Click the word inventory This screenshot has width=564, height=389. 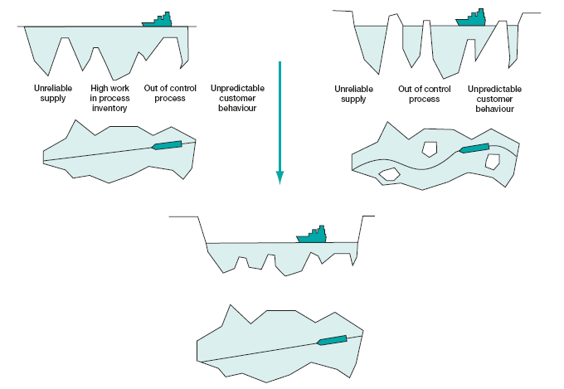pyautogui.click(x=109, y=108)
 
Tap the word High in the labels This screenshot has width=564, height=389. pyautogui.click(x=100, y=88)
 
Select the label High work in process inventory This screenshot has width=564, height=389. pyautogui.click(x=109, y=98)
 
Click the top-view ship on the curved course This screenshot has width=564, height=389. pyautogui.click(x=474, y=148)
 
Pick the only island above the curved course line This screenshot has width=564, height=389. pyautogui.click(x=430, y=149)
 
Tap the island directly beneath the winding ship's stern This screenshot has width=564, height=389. pyautogui.click(x=493, y=162)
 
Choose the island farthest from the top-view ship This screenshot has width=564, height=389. pyautogui.click(x=390, y=174)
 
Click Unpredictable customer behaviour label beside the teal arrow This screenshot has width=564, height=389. pyautogui.click(x=237, y=98)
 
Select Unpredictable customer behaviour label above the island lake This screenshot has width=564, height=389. pyautogui.click(x=494, y=99)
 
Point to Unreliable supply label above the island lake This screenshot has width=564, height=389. pyautogui.click(x=353, y=94)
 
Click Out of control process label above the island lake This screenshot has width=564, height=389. pyautogui.click(x=425, y=94)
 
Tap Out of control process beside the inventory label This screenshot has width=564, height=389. pyautogui.click(x=170, y=93)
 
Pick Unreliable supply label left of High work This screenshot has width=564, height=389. pyautogui.click(x=53, y=93)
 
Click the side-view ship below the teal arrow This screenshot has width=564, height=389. pyautogui.click(x=312, y=235)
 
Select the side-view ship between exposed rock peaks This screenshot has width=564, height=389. pyautogui.click(x=471, y=17)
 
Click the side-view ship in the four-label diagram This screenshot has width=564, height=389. pyautogui.click(x=158, y=20)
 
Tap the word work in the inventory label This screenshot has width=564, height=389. pyautogui.click(x=119, y=88)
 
